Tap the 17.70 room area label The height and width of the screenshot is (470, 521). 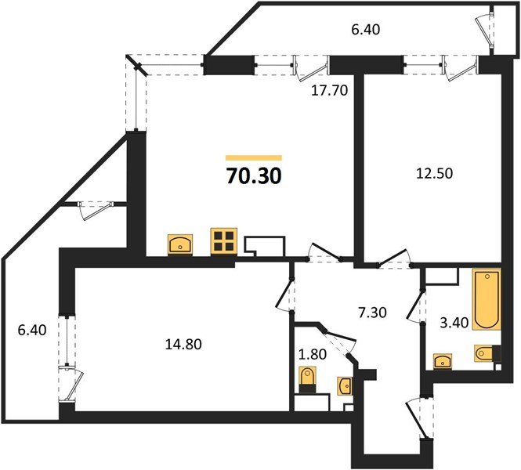coord(329,90)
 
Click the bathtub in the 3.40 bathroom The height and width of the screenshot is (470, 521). coord(485,301)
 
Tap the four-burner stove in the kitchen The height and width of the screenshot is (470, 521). coord(223,242)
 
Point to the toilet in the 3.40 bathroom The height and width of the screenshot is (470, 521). coord(484,354)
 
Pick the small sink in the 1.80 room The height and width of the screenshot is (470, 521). coord(345,385)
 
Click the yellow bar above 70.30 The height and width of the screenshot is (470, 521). coord(253,158)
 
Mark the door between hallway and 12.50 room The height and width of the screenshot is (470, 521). coord(394,258)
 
